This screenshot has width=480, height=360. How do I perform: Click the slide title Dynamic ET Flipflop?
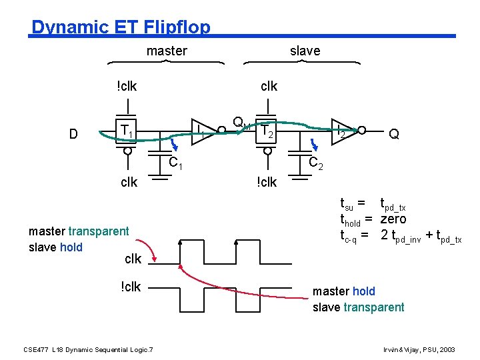point(121,27)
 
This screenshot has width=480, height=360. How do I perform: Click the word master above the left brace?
point(167,51)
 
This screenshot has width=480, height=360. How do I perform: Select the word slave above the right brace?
point(305,51)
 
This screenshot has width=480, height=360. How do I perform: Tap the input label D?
point(74,134)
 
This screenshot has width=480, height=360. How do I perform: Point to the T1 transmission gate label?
point(126,131)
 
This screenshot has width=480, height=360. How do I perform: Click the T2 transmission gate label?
point(267,131)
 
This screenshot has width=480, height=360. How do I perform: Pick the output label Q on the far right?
point(394,134)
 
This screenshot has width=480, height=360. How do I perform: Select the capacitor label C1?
point(175,162)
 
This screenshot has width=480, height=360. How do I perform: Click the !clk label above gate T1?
point(126,86)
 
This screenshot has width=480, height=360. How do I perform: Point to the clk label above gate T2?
point(269,86)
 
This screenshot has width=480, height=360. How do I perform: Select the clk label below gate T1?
point(129,182)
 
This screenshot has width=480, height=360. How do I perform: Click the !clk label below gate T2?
point(267,182)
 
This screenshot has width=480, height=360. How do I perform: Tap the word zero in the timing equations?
point(393,219)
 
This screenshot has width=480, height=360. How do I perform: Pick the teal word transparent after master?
point(98,231)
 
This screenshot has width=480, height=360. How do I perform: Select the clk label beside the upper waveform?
point(133,258)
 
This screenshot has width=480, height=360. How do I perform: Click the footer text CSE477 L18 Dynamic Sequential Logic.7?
point(88,349)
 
